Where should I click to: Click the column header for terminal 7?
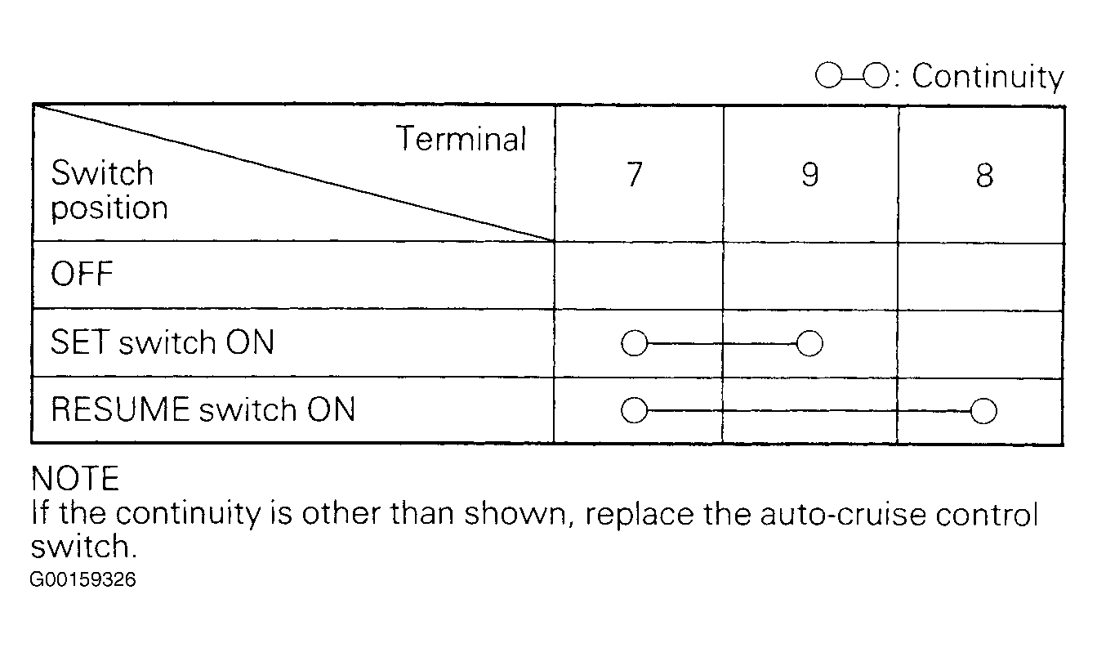[x=635, y=174]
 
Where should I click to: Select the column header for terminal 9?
[x=810, y=174]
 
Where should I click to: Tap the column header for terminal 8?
[x=984, y=176]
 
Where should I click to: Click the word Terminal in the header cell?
[x=462, y=139]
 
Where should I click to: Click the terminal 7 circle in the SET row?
[x=634, y=343]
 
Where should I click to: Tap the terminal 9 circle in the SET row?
[x=809, y=343]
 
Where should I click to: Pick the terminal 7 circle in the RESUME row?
[x=634, y=410]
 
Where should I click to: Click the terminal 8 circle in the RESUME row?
[x=983, y=411]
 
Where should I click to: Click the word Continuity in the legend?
[x=988, y=77]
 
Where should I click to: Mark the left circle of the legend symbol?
[x=828, y=75]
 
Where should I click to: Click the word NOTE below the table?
[x=75, y=478]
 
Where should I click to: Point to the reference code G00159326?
[x=82, y=579]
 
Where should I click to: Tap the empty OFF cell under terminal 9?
[x=810, y=275]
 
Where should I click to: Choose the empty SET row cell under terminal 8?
[x=980, y=344]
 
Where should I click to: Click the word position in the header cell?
[x=109, y=209]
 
